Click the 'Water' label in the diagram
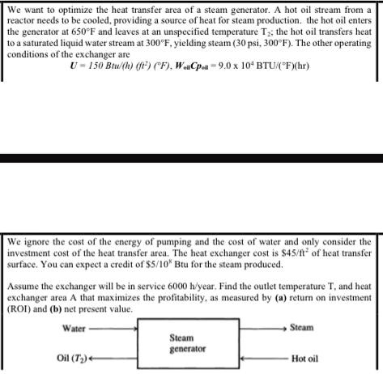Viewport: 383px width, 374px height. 74,329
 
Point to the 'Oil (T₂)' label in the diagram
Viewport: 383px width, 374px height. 74,359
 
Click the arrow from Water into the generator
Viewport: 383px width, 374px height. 113,329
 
